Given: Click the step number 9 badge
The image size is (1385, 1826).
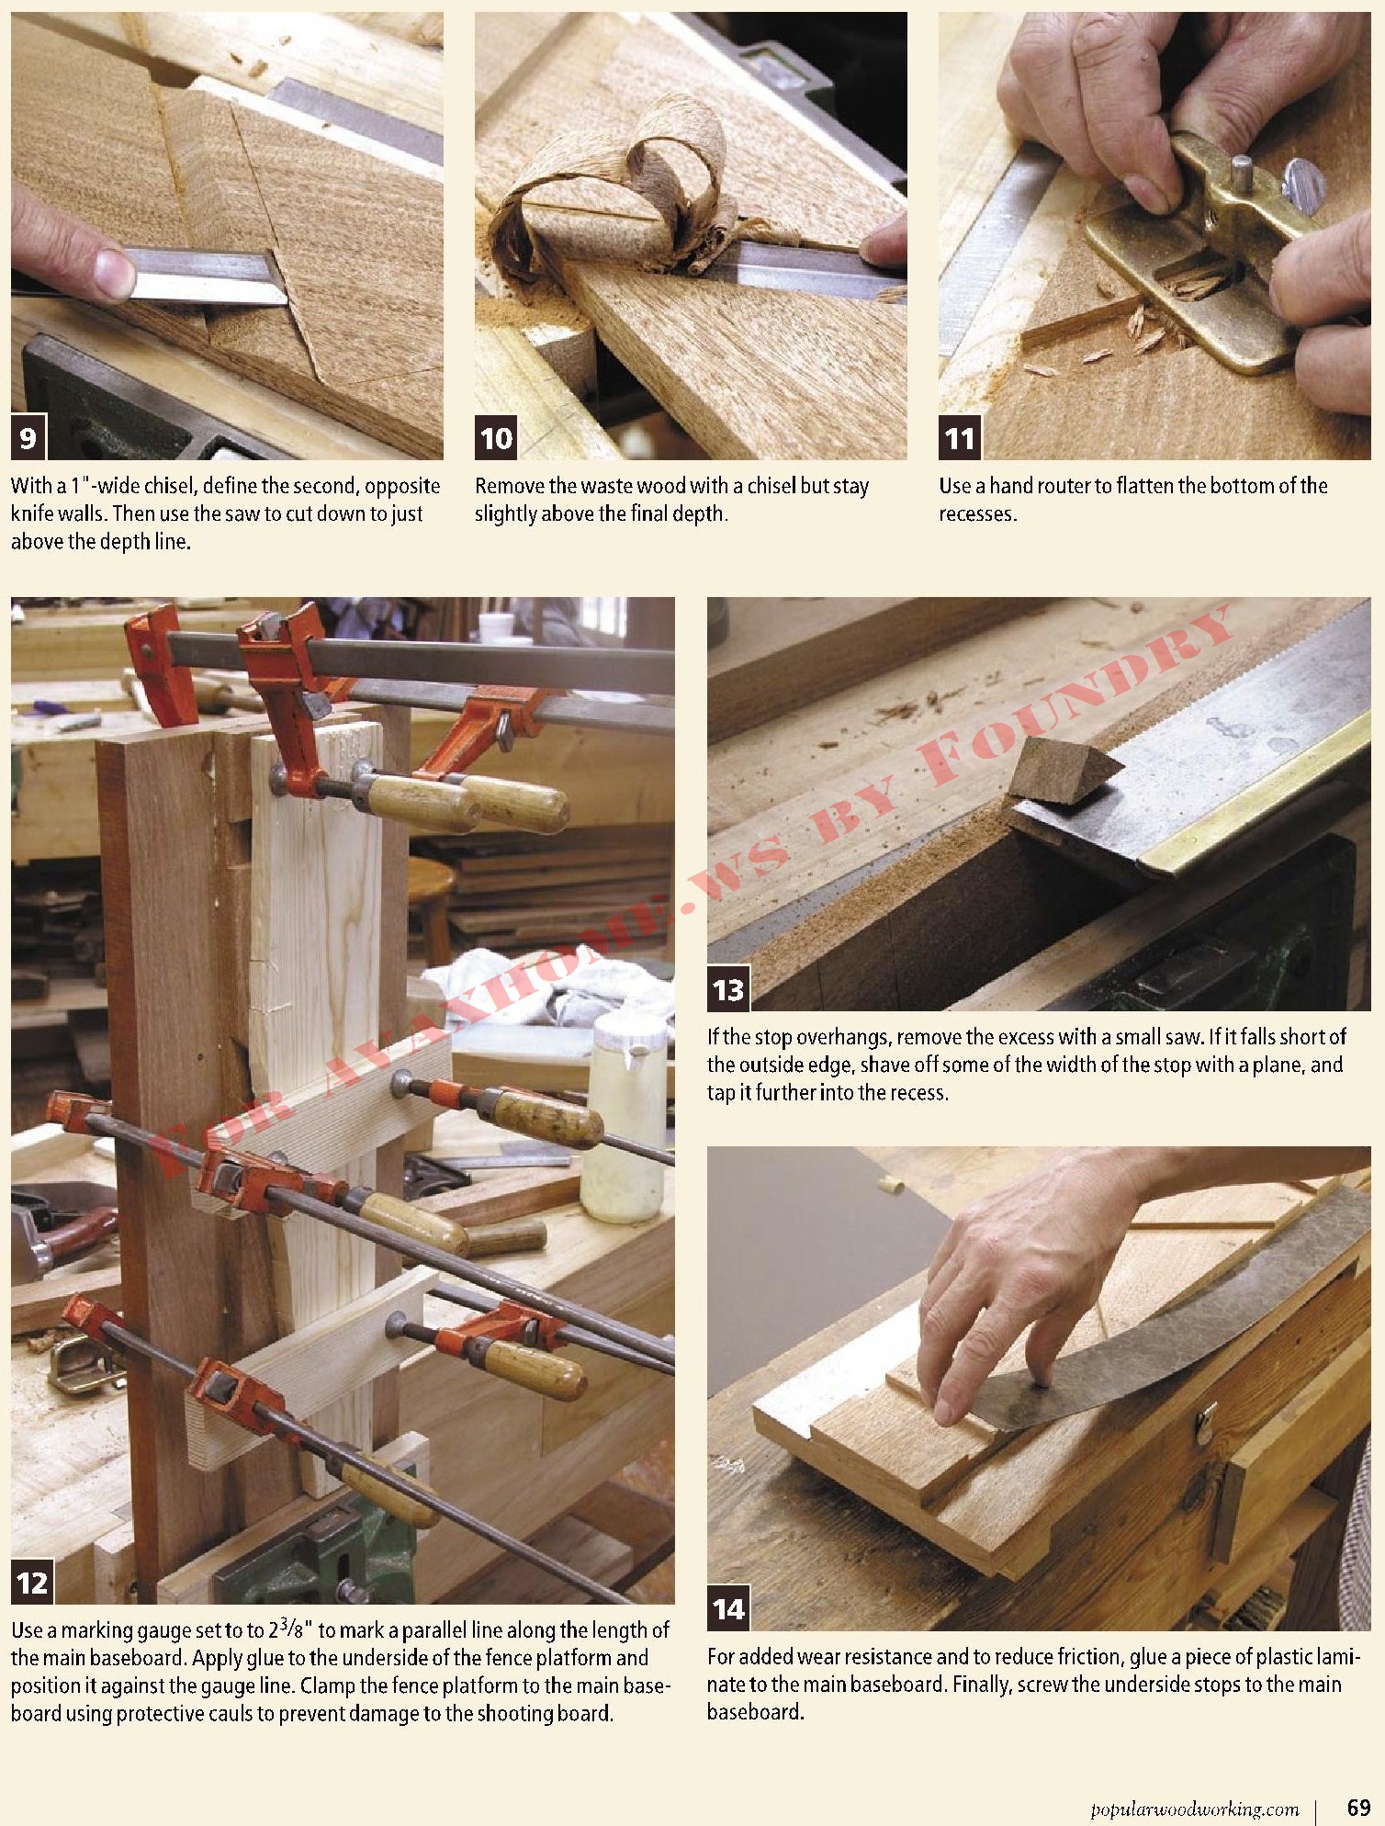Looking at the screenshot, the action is (x=28, y=438).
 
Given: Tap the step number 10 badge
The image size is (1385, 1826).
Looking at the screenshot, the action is (x=496, y=438).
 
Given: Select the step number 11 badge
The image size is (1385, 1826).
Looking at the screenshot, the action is (x=960, y=438).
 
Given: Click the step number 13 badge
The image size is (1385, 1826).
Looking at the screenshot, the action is (x=728, y=989).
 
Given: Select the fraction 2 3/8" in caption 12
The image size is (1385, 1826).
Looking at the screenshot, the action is (x=291, y=1631).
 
